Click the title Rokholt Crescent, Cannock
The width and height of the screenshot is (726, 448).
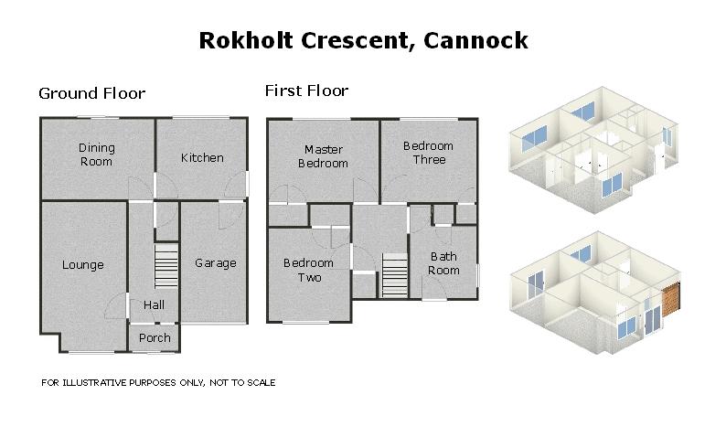coord(363,40)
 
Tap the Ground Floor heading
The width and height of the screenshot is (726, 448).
coord(91,93)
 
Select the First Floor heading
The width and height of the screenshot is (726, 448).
coord(306,91)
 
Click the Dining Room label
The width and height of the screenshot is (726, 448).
coord(96,155)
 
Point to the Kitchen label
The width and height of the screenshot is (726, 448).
coord(202,157)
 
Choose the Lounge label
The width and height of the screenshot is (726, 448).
coord(83,265)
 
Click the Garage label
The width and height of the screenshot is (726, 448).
coord(216,263)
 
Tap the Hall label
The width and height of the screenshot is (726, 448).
coord(154,304)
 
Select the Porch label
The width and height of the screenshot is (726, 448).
coord(155,338)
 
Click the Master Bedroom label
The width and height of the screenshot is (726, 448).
coord(326,156)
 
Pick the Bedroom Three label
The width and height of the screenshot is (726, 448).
coord(428,153)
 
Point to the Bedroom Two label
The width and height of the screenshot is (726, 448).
coord(309,270)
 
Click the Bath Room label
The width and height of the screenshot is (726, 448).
coord(444,263)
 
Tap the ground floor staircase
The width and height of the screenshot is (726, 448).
coord(165,266)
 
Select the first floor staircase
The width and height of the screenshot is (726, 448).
coord(393,274)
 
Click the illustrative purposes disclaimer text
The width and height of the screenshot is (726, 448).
coord(158,383)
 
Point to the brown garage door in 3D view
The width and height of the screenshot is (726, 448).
coord(673,301)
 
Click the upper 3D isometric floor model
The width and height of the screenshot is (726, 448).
coord(593,146)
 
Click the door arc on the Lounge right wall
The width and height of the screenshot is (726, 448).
coord(121,304)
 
